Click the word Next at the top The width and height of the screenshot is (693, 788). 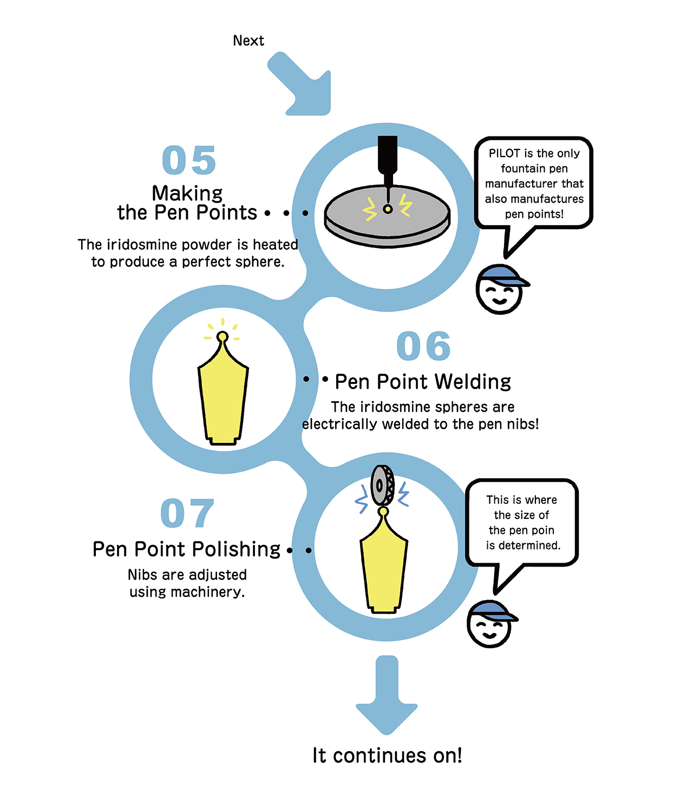(249, 41)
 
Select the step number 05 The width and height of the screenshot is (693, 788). (189, 160)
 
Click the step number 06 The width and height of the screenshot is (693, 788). (423, 347)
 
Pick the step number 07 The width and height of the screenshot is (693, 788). (187, 513)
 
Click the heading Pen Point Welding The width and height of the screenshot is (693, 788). (423, 382)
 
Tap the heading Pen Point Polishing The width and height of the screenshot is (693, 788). (187, 549)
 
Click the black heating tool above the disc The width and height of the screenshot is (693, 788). (388, 157)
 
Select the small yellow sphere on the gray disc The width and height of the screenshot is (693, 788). (388, 209)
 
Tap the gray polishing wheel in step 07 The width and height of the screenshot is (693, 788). (382, 485)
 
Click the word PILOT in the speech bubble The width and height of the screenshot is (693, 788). (504, 153)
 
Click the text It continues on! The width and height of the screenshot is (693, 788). (387, 756)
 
